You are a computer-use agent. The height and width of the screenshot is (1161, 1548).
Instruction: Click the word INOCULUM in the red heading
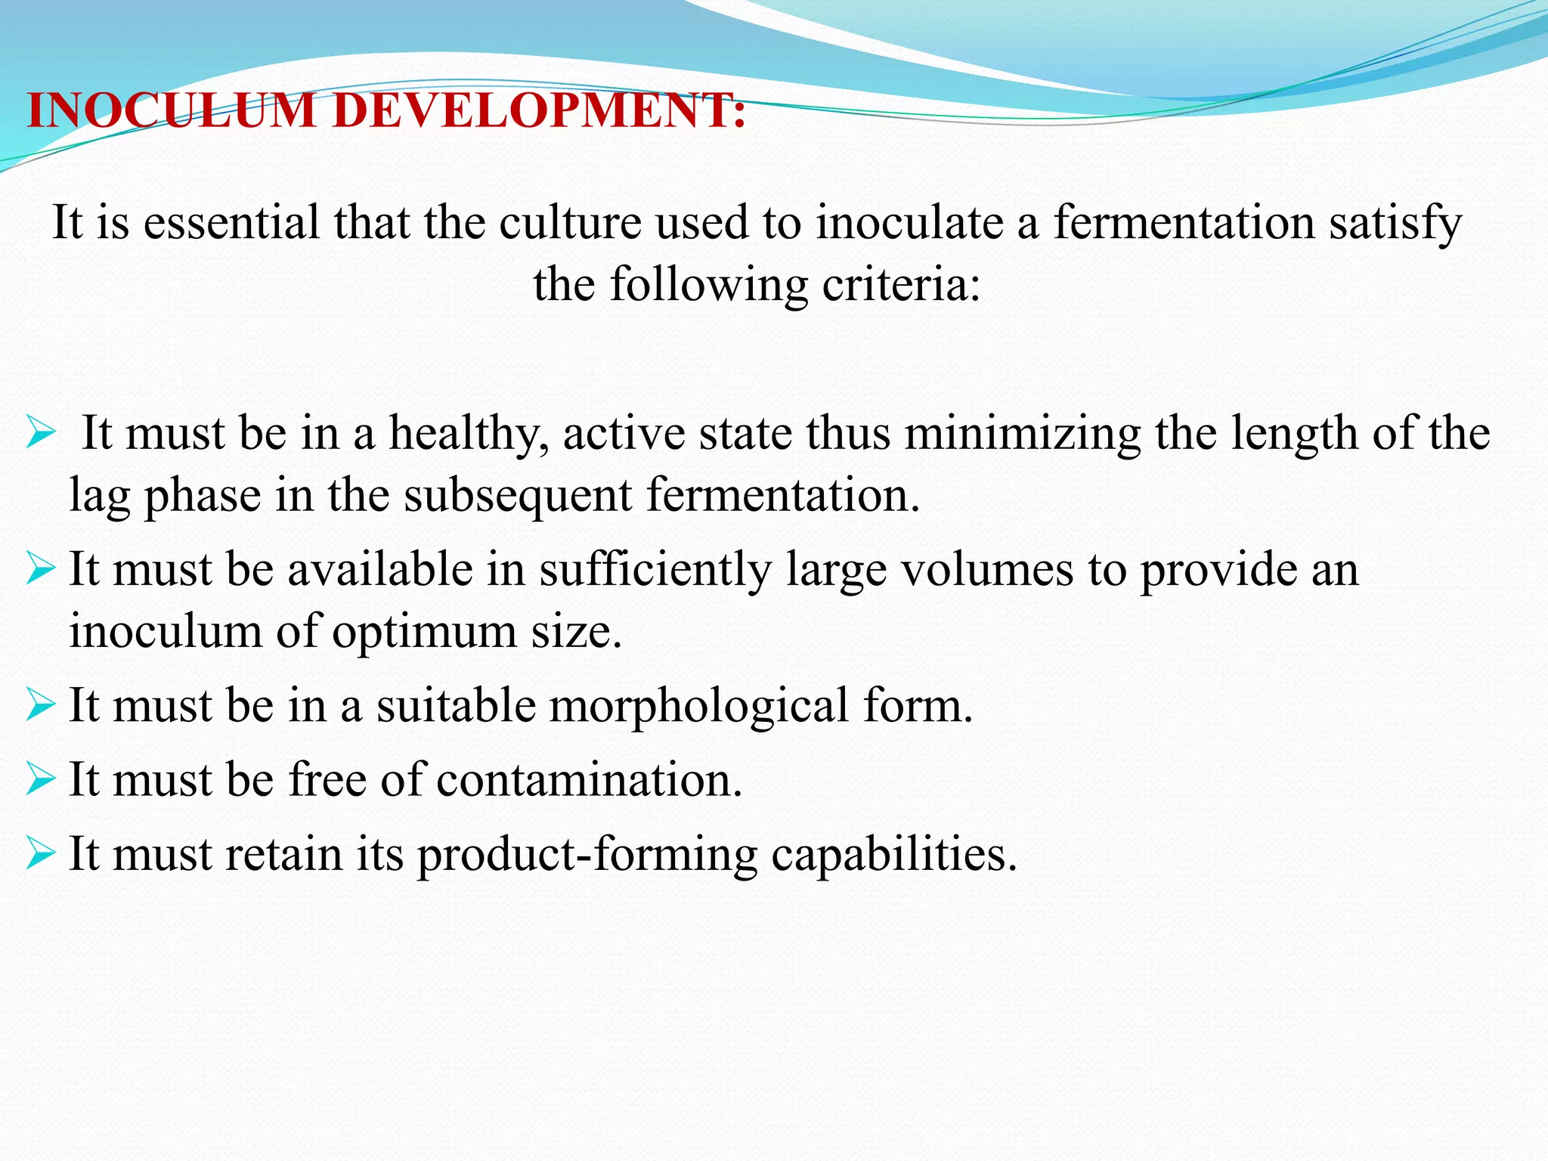[171, 110]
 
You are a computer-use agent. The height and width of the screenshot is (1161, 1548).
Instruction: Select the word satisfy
[1396, 224]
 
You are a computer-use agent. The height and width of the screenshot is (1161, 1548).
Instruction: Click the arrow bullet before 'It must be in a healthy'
[41, 433]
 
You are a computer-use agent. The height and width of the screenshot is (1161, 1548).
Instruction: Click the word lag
[100, 497]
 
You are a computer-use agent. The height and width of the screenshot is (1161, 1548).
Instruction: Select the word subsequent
[517, 497]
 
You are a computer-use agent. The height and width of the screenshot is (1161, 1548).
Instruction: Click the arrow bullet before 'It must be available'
[41, 568]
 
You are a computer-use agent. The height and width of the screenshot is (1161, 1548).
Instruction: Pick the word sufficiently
[655, 570]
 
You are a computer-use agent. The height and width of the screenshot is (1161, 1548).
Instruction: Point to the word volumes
[987, 570]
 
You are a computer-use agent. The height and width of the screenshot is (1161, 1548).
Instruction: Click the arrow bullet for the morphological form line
[41, 704]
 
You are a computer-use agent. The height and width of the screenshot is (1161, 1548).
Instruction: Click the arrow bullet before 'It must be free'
[41, 779]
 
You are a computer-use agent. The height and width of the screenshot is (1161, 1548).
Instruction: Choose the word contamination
[590, 779]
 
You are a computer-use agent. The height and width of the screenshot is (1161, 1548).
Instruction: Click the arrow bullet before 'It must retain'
[41, 853]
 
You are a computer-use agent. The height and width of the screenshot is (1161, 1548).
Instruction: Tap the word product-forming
[587, 855]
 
